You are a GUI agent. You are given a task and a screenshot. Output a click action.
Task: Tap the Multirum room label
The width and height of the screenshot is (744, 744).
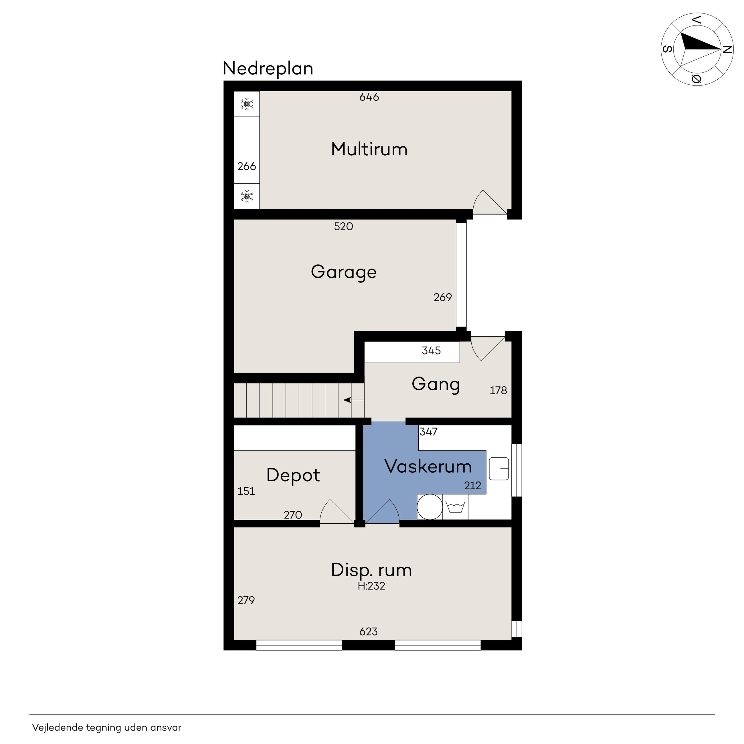click(369, 149)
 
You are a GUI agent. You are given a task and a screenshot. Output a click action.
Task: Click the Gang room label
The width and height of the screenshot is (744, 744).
click(436, 385)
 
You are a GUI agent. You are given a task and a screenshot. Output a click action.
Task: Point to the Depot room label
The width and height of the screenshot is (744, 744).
click(293, 476)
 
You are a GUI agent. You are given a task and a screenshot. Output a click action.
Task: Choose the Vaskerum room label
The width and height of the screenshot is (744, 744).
click(428, 467)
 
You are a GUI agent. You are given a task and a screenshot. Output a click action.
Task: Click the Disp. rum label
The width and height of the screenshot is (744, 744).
click(371, 570)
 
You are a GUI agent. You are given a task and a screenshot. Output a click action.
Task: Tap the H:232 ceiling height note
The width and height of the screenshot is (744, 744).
click(371, 586)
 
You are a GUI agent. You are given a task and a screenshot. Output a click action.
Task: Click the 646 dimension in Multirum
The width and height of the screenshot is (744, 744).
click(369, 97)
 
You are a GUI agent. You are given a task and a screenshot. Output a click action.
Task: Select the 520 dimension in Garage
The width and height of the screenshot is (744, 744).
click(343, 226)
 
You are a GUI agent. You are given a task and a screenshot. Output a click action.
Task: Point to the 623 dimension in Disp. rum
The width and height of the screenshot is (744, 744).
click(368, 632)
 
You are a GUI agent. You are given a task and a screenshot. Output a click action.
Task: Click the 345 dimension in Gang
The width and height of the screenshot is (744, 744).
click(431, 351)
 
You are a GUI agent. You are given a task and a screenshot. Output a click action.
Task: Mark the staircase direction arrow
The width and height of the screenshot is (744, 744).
click(353, 400)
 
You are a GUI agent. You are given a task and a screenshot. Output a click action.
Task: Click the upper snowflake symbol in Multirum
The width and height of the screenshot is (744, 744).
click(247, 104)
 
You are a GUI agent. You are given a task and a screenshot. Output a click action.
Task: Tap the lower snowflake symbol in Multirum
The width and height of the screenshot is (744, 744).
click(247, 196)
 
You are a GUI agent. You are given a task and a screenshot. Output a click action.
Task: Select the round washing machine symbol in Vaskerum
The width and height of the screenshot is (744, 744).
click(430, 507)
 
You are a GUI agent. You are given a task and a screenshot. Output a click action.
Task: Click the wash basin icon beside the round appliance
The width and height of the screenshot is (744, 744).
click(456, 507)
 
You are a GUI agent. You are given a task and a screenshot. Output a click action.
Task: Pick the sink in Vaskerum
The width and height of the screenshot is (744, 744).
click(499, 469)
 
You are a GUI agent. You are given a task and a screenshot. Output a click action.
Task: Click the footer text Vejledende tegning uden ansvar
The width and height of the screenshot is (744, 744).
click(107, 727)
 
